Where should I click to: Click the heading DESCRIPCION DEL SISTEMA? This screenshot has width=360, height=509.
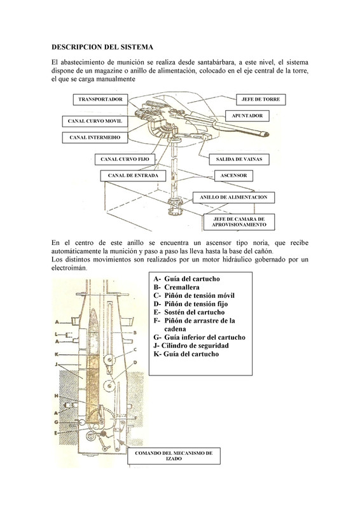click(102, 47)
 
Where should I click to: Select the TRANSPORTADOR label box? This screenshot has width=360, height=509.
click(100, 100)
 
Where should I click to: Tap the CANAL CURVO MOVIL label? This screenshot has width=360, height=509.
click(95, 121)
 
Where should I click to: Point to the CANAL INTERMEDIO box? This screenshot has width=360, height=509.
click(95, 137)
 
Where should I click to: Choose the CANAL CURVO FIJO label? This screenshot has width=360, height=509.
click(125, 160)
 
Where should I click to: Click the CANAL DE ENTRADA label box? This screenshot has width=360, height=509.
click(133, 176)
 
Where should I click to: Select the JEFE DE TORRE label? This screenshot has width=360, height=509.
click(261, 100)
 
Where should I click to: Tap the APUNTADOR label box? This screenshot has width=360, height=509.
click(247, 116)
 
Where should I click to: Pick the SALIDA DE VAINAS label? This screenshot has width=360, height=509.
click(239, 160)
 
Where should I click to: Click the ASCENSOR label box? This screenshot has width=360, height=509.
click(233, 176)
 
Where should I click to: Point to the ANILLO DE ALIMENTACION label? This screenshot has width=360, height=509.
click(233, 197)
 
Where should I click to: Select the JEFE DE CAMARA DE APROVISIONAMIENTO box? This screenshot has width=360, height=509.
click(239, 222)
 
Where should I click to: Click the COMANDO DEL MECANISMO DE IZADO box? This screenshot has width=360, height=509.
click(174, 456)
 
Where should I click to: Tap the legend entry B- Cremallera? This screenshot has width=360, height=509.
click(177, 288)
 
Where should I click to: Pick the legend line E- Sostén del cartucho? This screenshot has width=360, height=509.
click(189, 312)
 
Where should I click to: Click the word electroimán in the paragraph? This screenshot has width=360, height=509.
click(69, 268)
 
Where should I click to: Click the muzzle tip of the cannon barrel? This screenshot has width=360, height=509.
click(268, 134)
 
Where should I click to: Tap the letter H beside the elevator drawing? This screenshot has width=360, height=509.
click(56, 396)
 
